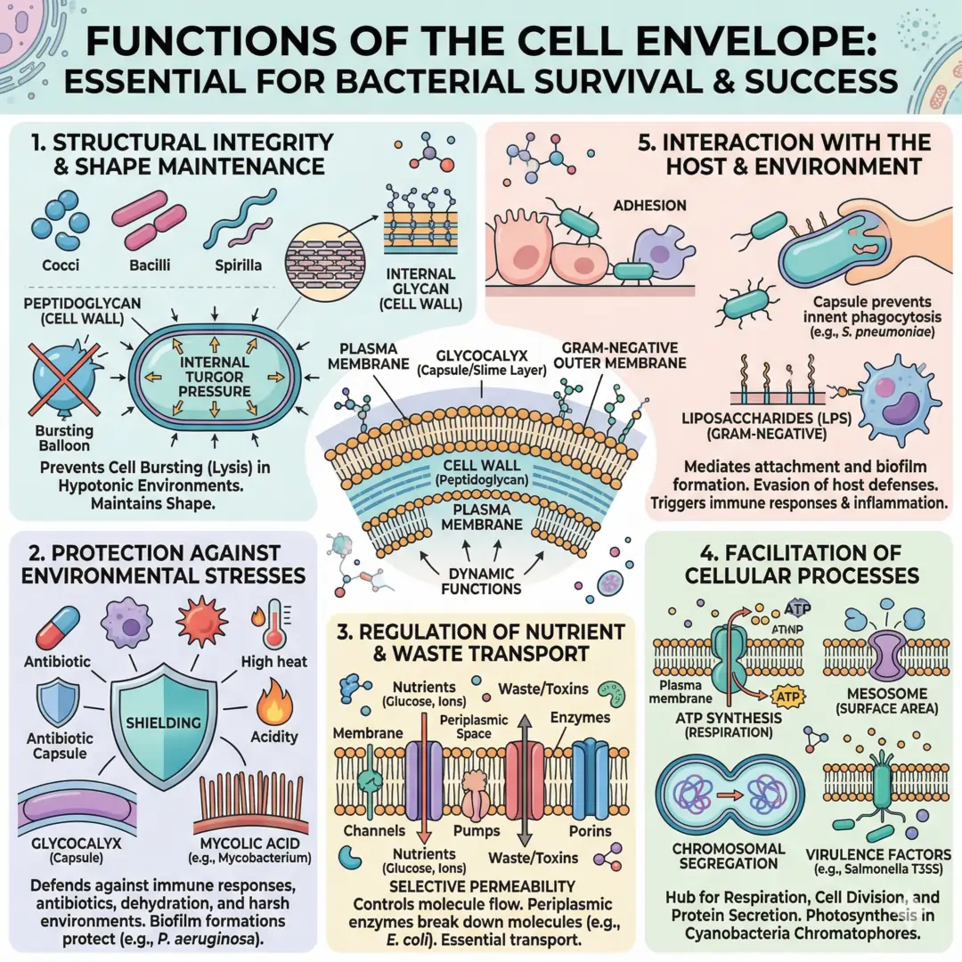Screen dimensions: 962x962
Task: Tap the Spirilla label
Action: coord(238,265)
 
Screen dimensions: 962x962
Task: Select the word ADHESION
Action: coord(649,206)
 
